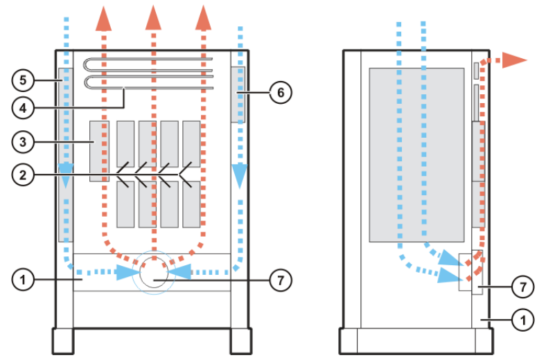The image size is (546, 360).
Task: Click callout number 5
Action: pyautogui.click(x=23, y=81)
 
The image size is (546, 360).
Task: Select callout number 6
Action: pyautogui.click(x=281, y=91)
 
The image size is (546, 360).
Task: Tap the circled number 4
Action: pyautogui.click(x=23, y=107)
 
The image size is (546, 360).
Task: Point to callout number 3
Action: pyautogui.click(x=23, y=142)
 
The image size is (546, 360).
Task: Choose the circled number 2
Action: pyautogui.click(x=23, y=175)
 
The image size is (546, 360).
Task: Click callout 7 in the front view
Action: pyautogui.click(x=281, y=280)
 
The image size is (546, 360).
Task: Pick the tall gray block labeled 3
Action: pyautogui.click(x=99, y=151)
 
